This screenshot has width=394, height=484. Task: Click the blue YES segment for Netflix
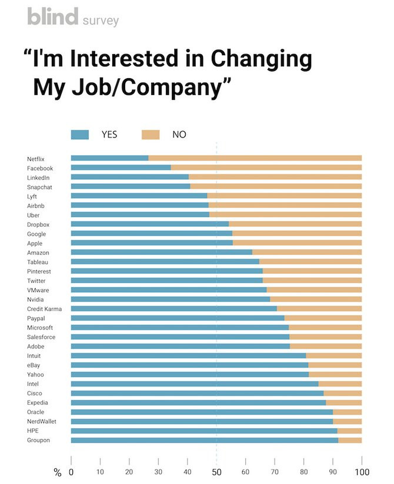[109, 158]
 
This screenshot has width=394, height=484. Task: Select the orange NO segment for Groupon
[350, 440]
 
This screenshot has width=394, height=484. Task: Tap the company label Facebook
[40, 168]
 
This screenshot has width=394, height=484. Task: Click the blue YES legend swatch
[79, 135]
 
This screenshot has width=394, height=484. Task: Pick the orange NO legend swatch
[151, 135]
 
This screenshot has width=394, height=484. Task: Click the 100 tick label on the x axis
[361, 472]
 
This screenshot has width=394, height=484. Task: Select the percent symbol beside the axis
[57, 472]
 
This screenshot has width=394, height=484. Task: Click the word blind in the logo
[52, 17]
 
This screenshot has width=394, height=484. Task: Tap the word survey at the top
[100, 21]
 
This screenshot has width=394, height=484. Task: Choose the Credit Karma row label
[44, 309]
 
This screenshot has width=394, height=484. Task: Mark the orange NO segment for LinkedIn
[275, 177]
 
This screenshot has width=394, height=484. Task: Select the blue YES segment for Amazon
[161, 252]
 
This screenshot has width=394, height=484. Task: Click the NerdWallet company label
[42, 421]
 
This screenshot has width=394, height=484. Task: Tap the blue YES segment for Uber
[140, 214]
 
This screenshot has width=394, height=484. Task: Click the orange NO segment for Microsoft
[325, 327]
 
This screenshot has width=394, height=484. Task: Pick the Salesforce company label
[41, 337]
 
